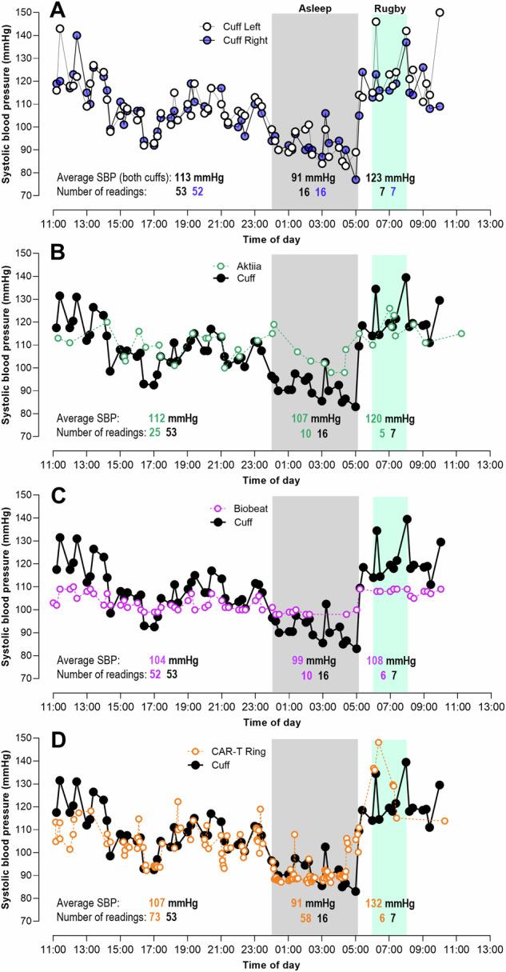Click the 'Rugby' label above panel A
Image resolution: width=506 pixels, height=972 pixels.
pyautogui.click(x=390, y=8)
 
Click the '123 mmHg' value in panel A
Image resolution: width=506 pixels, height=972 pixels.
pyautogui.click(x=390, y=178)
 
